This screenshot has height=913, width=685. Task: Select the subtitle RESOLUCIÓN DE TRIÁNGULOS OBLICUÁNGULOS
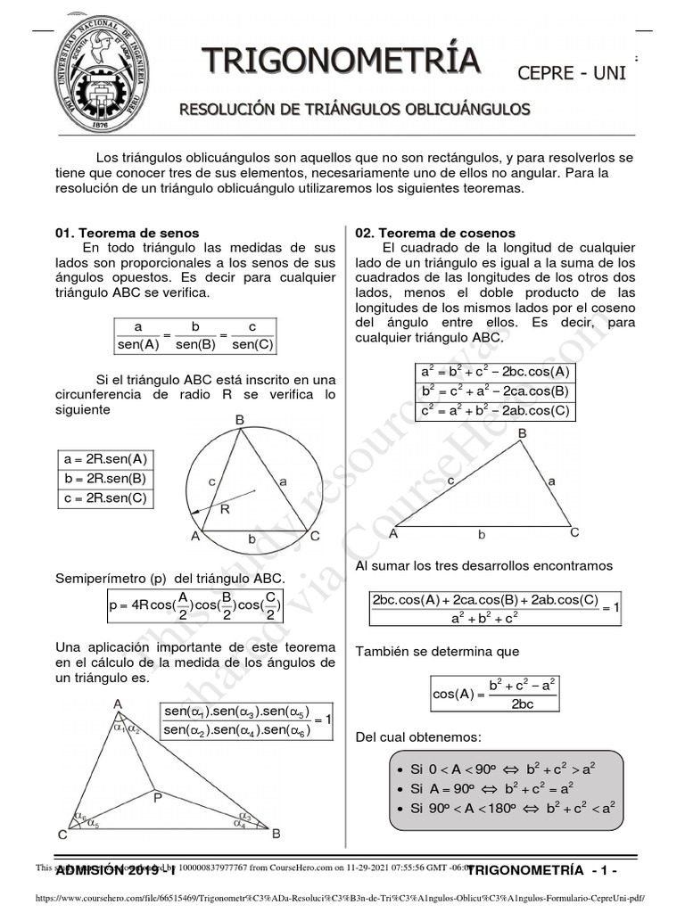tap(355, 110)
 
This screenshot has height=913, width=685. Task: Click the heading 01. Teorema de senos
tap(127, 233)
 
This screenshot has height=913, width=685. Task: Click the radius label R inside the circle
tap(224, 510)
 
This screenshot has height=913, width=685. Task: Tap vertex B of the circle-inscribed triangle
tap(239, 420)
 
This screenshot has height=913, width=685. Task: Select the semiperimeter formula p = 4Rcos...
tap(195, 606)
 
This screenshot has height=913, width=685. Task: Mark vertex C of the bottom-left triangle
tap(62, 835)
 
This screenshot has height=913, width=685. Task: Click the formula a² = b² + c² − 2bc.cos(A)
tap(495, 372)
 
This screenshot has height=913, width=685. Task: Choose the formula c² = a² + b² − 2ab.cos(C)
tap(495, 411)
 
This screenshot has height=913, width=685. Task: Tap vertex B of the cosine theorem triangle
tap(523, 433)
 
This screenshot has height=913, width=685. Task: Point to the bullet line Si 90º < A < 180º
tap(504, 809)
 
